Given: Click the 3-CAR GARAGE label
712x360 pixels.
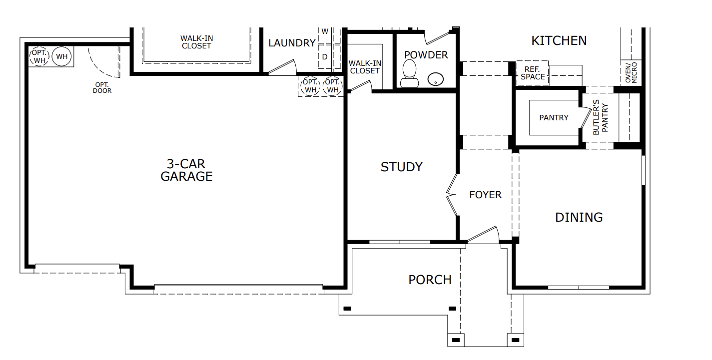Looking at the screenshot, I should coord(186,170).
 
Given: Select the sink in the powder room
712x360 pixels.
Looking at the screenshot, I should coord(436,78).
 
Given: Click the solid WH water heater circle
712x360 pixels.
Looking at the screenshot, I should coord(61,56).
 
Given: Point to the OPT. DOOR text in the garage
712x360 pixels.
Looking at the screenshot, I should coord(102,87).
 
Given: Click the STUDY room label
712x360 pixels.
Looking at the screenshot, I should coord(401,167).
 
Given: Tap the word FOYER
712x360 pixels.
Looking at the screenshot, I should coord(485,195).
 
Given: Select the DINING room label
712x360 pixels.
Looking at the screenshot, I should coord(579,217).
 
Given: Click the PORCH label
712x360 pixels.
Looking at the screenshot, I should coord(430,280).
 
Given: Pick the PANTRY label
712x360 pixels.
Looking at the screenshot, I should coord(554,118).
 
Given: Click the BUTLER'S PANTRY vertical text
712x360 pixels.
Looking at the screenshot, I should coord(600,117).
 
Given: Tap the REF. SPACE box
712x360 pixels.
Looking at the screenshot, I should coord(533,73).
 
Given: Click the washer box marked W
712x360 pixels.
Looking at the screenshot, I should coord(325,31).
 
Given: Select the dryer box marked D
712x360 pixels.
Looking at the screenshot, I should coord(325,57).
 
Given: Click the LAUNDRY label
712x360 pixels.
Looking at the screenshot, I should coord(292,43).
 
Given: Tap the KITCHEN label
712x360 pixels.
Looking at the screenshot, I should coord(559,40).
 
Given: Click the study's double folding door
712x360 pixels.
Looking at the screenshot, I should coord(452,195).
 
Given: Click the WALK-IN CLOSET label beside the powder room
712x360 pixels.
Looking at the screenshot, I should coord(364,67).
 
